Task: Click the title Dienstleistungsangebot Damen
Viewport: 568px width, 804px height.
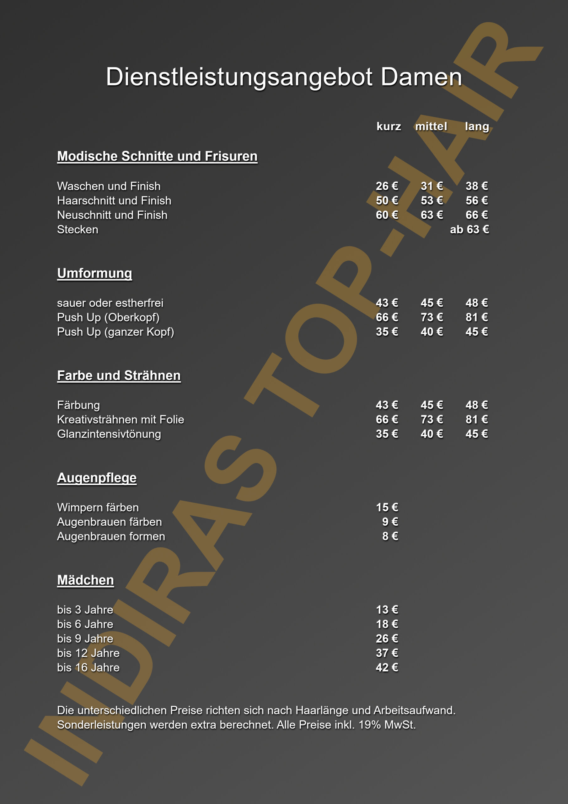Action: pos(284,77)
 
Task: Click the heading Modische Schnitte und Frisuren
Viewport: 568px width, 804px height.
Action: pos(157,156)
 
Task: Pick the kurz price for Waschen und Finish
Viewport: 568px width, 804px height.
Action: pos(387,186)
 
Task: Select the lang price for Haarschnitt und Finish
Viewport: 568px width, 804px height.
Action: pos(476,200)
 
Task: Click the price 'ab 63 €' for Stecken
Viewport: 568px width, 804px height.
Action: pos(469,229)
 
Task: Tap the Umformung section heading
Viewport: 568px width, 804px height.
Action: pos(94,273)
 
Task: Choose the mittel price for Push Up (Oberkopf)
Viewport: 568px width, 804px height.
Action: pos(431,317)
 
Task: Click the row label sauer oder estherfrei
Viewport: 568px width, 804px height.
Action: pos(110,303)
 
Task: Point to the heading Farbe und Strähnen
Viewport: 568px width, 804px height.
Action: pos(119,375)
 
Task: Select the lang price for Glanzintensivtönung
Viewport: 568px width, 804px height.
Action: pos(476,434)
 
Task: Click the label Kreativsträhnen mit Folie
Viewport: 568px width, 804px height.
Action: pos(121,420)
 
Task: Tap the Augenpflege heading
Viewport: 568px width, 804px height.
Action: pos(97,478)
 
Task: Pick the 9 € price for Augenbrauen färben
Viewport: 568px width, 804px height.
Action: pos(390,522)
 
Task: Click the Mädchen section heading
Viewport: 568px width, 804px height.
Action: pos(85,580)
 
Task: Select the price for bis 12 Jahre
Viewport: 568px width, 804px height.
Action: pos(387,653)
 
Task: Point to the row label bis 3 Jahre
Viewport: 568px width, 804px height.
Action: pos(85,610)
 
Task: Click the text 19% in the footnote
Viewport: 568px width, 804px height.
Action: pos(370,725)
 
